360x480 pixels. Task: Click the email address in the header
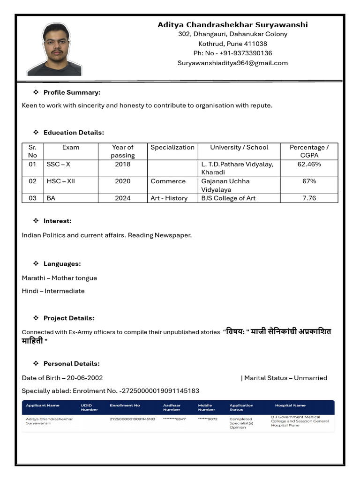(x=232, y=63)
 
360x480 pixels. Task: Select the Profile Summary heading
(x=72, y=92)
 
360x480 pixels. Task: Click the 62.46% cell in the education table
(x=309, y=164)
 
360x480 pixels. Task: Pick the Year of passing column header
(x=123, y=151)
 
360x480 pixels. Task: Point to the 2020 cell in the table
(x=123, y=181)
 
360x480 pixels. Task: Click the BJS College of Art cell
(x=228, y=198)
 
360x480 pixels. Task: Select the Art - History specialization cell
(x=169, y=198)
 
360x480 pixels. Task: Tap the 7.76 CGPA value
(x=309, y=198)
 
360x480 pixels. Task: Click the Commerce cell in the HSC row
(x=168, y=181)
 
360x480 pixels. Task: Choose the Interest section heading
(x=57, y=221)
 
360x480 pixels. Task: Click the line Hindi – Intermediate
(x=53, y=291)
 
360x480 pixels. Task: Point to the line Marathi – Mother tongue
(x=59, y=278)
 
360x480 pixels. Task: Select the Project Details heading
(x=68, y=318)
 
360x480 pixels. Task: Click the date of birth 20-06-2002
(x=85, y=378)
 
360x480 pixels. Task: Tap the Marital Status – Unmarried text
(x=285, y=378)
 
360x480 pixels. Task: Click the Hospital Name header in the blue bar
(x=290, y=405)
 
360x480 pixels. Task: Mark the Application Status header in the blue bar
(x=241, y=407)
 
